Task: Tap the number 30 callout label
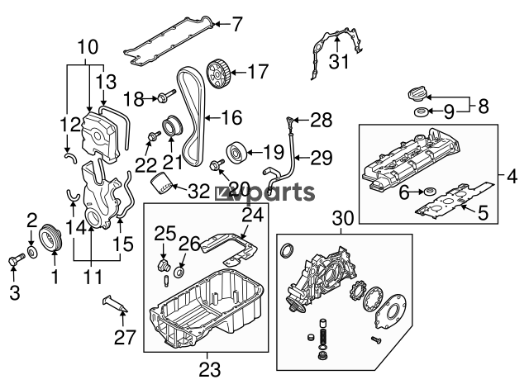342,218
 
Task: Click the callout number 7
237,24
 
